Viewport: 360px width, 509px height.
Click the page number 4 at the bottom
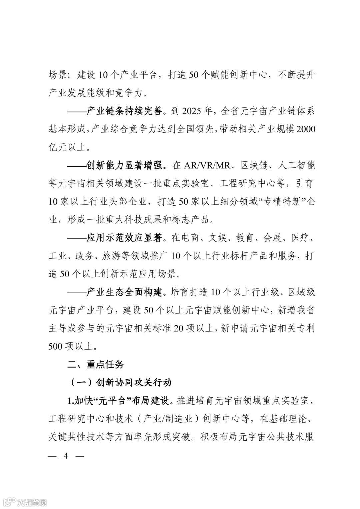pyautogui.click(x=66, y=456)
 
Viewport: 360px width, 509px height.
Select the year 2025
pyautogui.click(x=193, y=111)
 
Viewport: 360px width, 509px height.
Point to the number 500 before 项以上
pyautogui.click(x=55, y=346)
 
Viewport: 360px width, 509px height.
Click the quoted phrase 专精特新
pyautogui.click(x=283, y=201)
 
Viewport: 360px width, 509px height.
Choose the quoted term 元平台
pyautogui.click(x=110, y=400)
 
